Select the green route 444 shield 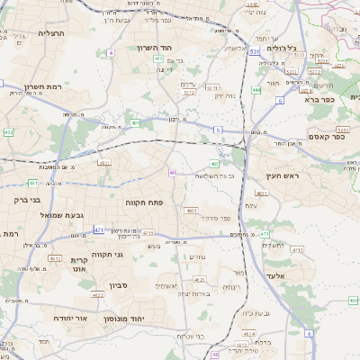257,90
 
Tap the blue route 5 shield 217,130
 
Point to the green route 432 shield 8,132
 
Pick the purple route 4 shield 111,53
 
